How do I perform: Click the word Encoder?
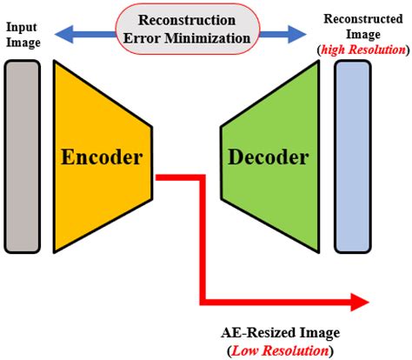[x=102, y=157]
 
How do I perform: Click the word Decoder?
[x=268, y=157]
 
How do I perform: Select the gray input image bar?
[x=21, y=156]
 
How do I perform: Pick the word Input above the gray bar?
[x=20, y=28]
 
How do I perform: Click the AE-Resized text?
[x=255, y=333]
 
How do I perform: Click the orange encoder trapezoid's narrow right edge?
[x=153, y=157]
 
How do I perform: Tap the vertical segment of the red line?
[x=203, y=239]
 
